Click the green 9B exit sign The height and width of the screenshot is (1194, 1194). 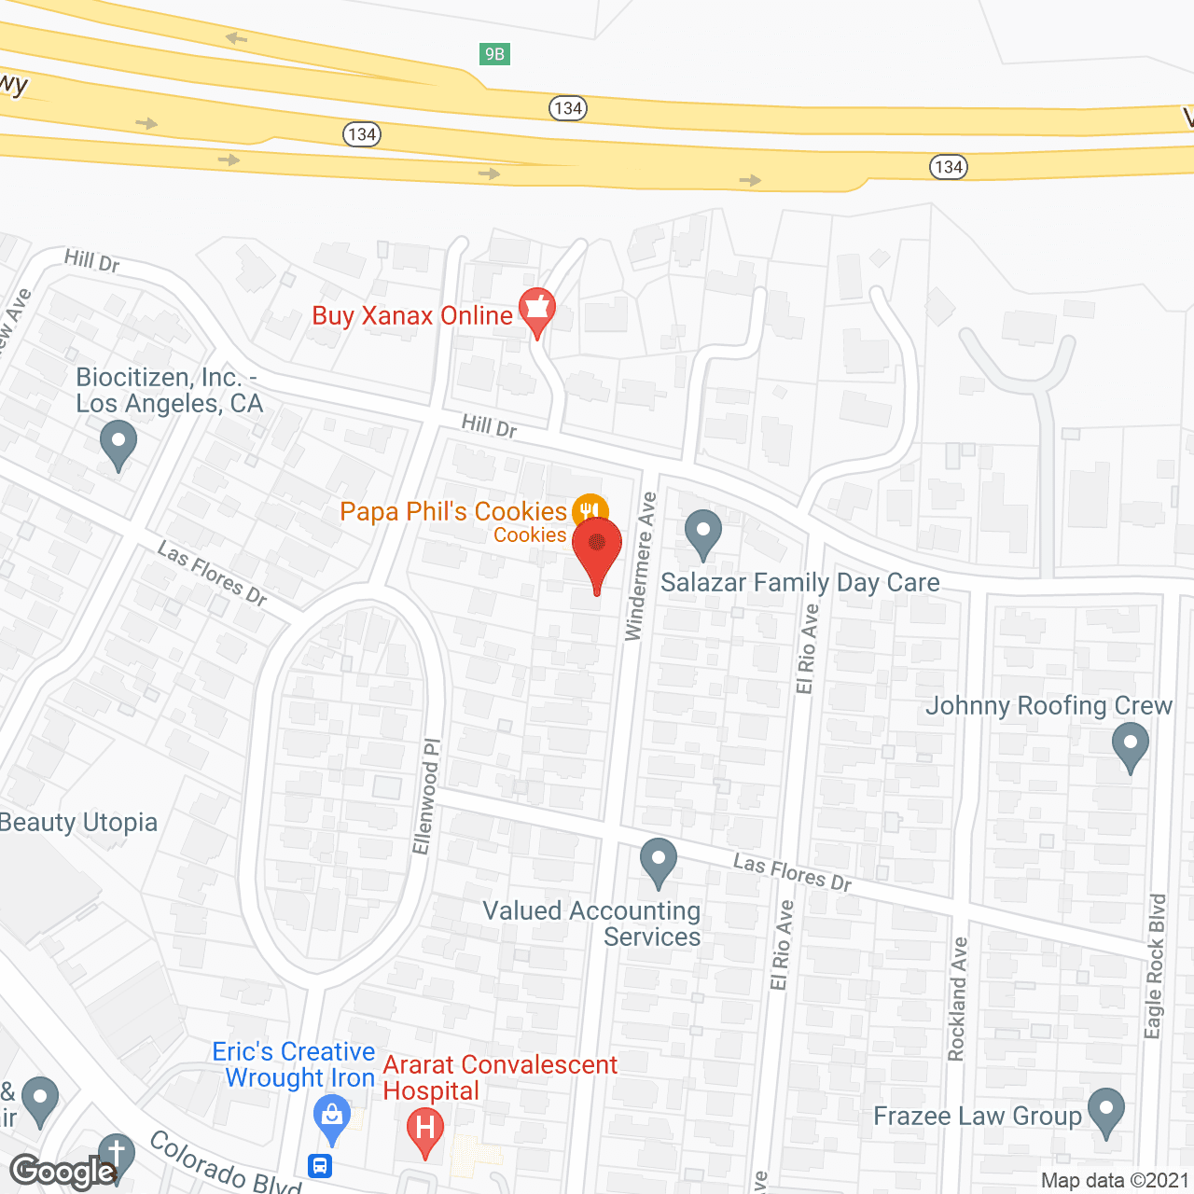494,54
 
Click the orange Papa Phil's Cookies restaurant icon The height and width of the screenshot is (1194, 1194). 590,511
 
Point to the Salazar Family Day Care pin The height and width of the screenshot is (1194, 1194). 703,534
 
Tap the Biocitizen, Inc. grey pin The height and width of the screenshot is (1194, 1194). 118,444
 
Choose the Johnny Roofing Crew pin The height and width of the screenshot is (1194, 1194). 1131,747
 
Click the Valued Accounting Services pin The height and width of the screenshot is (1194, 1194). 659,861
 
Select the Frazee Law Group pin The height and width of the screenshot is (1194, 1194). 1106,1112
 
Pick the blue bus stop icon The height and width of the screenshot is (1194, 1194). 320,1166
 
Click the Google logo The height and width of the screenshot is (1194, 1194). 62,1172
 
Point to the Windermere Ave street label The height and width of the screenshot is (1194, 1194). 640,566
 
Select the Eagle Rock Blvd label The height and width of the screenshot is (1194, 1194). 1156,965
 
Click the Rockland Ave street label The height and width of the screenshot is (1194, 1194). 958,999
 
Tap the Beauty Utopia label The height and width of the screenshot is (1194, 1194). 78,823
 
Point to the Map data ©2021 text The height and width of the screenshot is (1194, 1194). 1115,1180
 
